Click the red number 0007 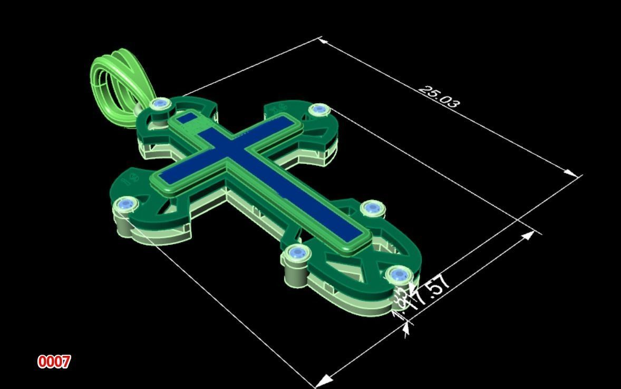pyautogui.click(x=54, y=362)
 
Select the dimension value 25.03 pyautogui.click(x=439, y=96)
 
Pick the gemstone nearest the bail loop pyautogui.click(x=159, y=104)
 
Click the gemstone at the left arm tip pyautogui.click(x=126, y=204)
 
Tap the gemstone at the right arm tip pyautogui.click(x=318, y=110)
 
